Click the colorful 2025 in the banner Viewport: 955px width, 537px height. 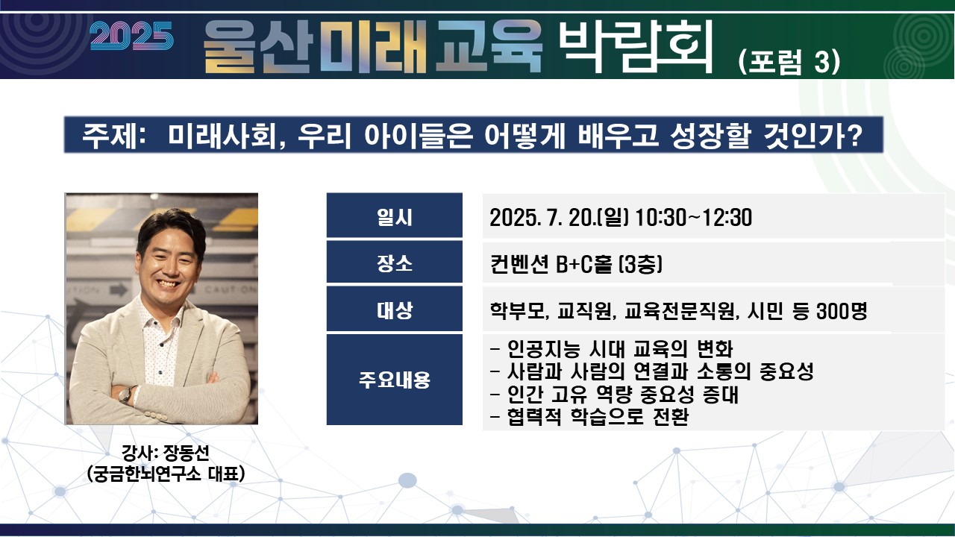pos(132,37)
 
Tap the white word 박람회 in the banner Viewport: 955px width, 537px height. pos(635,46)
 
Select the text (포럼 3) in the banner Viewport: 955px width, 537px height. pos(789,62)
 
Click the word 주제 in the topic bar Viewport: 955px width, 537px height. pos(109,136)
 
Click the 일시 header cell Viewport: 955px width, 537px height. pos(395,216)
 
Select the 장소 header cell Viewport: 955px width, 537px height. pos(395,262)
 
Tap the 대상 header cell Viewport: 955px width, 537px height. pos(395,309)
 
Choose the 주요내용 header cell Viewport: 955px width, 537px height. pos(395,380)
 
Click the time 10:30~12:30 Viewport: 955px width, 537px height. pos(693,217)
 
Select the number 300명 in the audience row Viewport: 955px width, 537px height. pos(842,311)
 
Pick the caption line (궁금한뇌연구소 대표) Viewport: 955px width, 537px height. pos(166,473)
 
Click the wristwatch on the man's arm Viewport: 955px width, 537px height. pos(126,395)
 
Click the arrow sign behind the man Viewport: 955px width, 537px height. pos(119,290)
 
